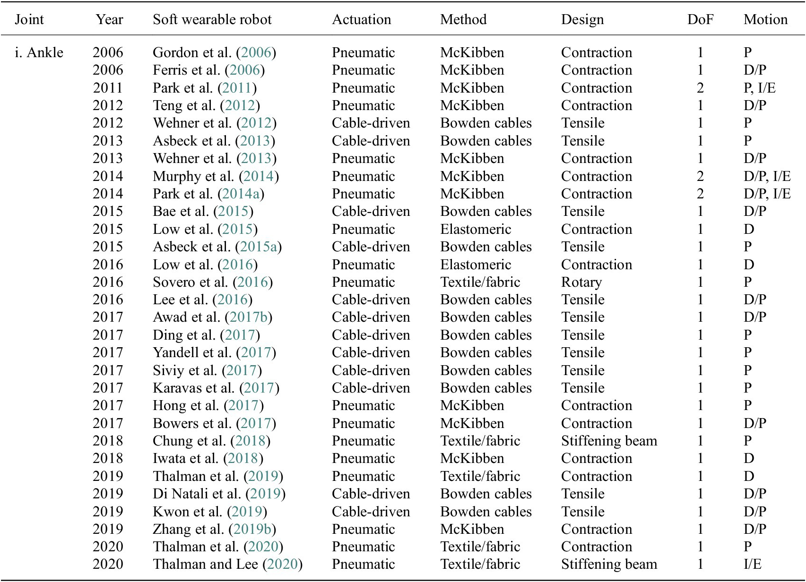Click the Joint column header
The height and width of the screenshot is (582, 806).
(x=29, y=19)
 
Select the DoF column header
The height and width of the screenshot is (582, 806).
(x=700, y=19)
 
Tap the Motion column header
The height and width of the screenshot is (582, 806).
(x=765, y=19)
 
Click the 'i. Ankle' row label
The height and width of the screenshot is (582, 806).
(x=39, y=52)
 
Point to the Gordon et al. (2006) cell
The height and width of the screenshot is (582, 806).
(x=214, y=52)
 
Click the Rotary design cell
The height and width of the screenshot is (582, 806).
(x=581, y=282)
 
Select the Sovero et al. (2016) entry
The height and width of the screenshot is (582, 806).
(x=213, y=282)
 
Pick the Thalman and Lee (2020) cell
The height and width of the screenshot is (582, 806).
(x=227, y=564)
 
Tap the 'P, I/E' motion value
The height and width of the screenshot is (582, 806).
(x=759, y=88)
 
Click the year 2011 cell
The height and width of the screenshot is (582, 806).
(x=108, y=88)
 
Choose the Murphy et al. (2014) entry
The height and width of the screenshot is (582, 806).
(x=216, y=176)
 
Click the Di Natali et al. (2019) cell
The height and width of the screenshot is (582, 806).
(x=219, y=494)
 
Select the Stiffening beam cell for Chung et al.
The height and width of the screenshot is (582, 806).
(x=609, y=441)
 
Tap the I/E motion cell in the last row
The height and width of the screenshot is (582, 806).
(x=752, y=564)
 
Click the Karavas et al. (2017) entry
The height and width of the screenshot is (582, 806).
(x=216, y=388)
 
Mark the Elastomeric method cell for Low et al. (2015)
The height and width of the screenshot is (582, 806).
(x=476, y=229)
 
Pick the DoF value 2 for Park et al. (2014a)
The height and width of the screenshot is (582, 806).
(x=700, y=194)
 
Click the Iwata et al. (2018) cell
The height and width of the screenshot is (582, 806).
(x=208, y=458)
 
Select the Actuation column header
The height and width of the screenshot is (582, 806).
(x=361, y=19)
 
